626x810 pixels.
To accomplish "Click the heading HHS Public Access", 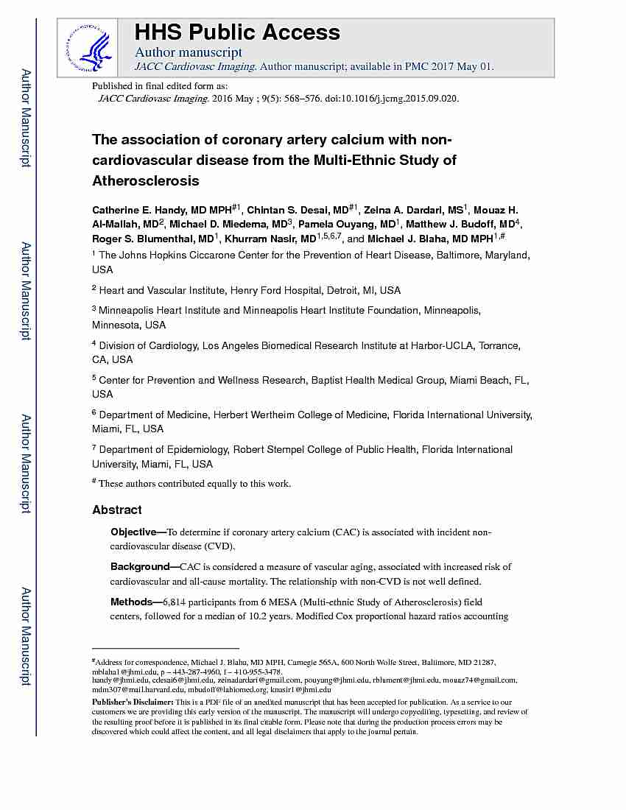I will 236,32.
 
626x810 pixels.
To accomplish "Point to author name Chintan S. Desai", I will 289,210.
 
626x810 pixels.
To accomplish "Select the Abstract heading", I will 117,510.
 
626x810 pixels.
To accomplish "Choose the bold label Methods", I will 130,602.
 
